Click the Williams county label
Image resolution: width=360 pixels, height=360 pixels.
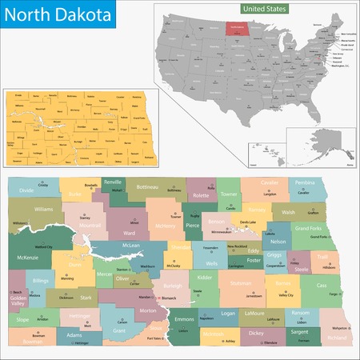point(43,209)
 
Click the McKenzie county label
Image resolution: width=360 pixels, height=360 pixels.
point(26,258)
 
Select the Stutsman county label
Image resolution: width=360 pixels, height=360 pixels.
point(241,282)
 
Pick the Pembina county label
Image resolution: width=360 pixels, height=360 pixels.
point(305,183)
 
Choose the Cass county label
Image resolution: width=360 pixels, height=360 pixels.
point(322,286)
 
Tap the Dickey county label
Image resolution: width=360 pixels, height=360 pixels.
point(255,333)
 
